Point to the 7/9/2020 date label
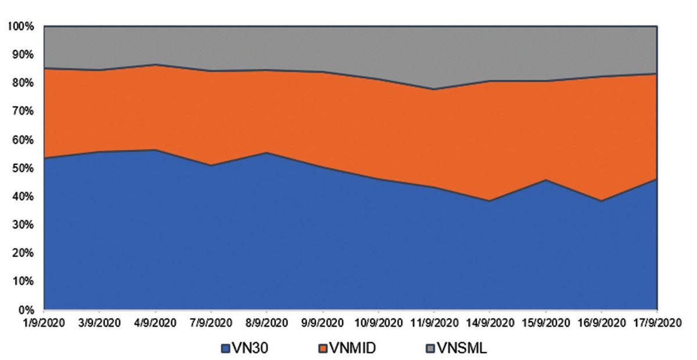pyautogui.click(x=211, y=322)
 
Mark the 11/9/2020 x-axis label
pyautogui.click(x=433, y=322)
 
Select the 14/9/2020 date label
pyautogui.click(x=489, y=322)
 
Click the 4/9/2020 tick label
pyautogui.click(x=156, y=322)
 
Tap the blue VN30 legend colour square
pyautogui.click(x=226, y=349)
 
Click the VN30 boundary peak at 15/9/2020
pyautogui.click(x=545, y=180)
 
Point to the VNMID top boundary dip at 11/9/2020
pyautogui.click(x=434, y=89)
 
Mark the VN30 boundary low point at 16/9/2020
pyautogui.click(x=601, y=201)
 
